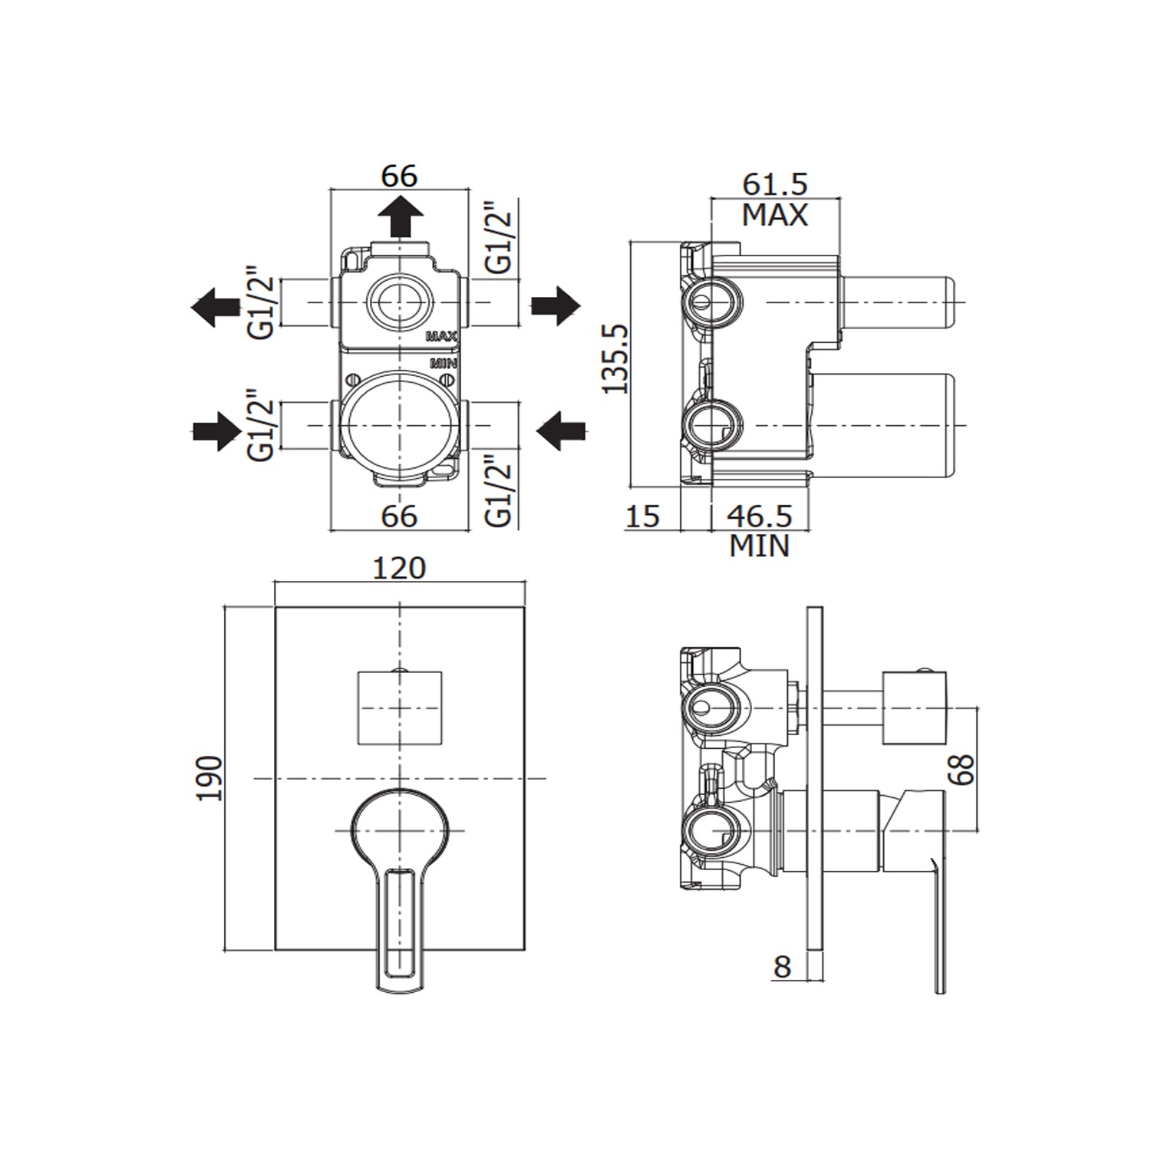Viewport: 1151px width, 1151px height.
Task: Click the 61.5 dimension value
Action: point(775,184)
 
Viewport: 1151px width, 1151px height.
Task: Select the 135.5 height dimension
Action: point(615,358)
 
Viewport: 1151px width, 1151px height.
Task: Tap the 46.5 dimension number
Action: point(759,516)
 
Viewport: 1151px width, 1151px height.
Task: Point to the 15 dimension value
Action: point(642,516)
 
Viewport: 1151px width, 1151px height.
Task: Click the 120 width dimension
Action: point(399,568)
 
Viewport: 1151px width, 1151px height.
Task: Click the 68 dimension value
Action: point(961,769)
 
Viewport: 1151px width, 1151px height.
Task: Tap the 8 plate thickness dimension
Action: point(782,967)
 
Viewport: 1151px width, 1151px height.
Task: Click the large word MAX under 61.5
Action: point(775,216)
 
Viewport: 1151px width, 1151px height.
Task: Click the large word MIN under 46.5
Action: point(759,546)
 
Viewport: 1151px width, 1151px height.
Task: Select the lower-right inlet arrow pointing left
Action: point(560,430)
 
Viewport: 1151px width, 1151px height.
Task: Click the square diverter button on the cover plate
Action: point(400,707)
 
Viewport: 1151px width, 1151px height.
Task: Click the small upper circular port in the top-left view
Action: point(399,302)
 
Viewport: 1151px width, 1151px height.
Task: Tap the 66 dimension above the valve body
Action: point(400,176)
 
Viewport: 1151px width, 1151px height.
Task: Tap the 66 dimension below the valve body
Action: point(400,516)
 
